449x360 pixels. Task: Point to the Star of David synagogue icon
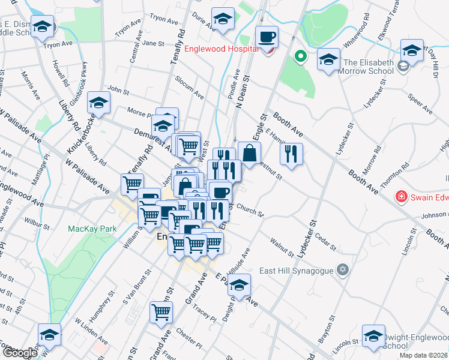tap(343, 269)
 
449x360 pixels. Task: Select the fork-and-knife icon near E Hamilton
tap(291, 154)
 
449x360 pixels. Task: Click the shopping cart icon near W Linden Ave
tap(161, 312)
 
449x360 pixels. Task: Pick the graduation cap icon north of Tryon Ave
tap(43, 27)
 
